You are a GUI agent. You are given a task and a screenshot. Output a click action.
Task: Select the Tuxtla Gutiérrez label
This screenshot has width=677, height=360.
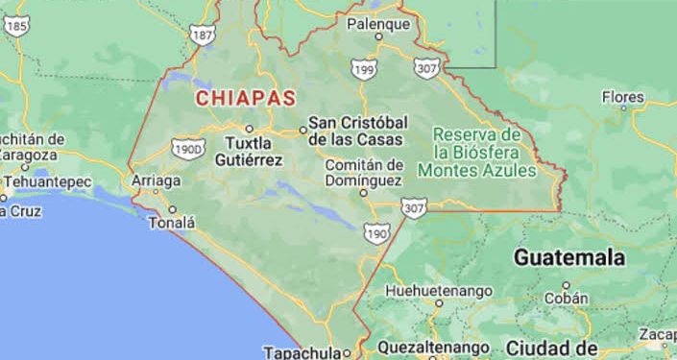[254, 152]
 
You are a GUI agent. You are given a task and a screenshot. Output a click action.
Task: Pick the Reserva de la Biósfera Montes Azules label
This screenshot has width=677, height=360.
[476, 152]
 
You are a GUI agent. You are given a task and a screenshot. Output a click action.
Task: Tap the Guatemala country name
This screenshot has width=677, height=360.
[568, 257]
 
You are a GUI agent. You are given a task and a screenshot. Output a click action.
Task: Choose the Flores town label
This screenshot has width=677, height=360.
[622, 97]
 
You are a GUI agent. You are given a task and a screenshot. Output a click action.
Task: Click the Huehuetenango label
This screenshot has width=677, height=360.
[438, 291]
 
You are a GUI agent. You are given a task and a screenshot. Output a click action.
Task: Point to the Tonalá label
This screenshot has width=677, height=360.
[171, 223]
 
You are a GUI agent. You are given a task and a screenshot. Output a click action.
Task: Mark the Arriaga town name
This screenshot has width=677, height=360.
[156, 180]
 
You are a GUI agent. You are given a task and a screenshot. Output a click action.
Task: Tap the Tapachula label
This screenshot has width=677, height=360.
[303, 351]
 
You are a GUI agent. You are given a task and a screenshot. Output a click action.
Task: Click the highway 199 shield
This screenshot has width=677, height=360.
[363, 69]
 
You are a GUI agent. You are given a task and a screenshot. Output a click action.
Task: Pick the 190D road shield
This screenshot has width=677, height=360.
[187, 149]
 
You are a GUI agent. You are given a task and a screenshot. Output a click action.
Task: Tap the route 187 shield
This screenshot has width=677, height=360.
[204, 36]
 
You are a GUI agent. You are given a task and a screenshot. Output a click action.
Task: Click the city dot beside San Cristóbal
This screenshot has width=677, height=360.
[302, 129]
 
